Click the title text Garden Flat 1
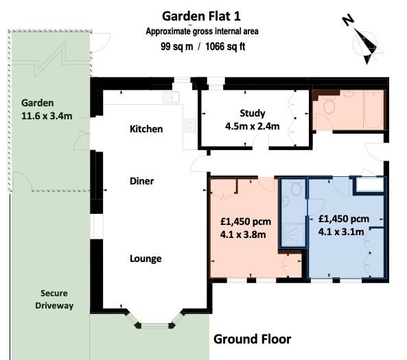(x=201, y=16)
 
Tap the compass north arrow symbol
(x=364, y=41)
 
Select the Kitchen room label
(x=146, y=129)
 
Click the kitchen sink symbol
(x=172, y=97)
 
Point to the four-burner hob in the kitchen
(x=190, y=125)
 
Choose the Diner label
(x=141, y=181)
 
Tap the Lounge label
(x=146, y=259)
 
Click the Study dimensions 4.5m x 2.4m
(x=253, y=126)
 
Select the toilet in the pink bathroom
(x=329, y=105)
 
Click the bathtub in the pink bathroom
(x=373, y=110)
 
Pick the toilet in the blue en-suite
(x=296, y=189)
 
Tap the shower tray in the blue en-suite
(x=294, y=235)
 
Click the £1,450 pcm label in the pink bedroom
(x=246, y=221)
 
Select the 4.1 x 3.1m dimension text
(x=341, y=232)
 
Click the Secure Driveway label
(x=54, y=299)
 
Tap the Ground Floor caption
(x=253, y=339)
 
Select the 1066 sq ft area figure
(x=225, y=47)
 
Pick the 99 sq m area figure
(x=177, y=47)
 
